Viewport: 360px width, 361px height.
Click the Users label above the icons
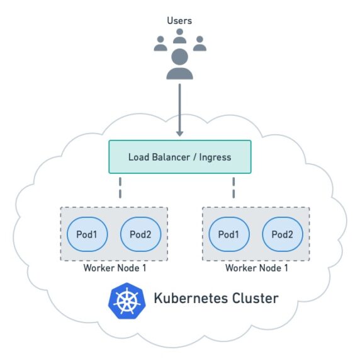click(x=179, y=21)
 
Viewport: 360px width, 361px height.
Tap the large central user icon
click(x=179, y=65)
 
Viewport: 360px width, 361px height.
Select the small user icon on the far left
click(x=160, y=43)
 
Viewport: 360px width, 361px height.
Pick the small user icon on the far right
click(x=200, y=43)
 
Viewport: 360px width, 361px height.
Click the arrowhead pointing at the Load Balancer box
click(x=179, y=132)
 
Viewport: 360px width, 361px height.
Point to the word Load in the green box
click(x=139, y=157)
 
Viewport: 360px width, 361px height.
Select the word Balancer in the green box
click(x=171, y=157)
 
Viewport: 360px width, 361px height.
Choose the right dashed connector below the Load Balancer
click(x=233, y=186)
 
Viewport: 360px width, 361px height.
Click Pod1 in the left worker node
click(x=87, y=234)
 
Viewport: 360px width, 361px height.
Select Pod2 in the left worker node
click(x=140, y=234)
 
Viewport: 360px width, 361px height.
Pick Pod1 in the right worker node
click(x=229, y=234)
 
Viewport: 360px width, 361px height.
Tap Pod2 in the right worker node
click(x=282, y=234)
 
